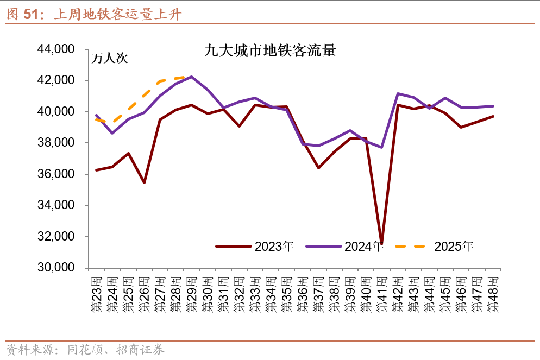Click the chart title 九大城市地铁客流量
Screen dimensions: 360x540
point(270,52)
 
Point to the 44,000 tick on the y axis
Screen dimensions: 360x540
point(55,49)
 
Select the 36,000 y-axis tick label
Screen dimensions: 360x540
point(55,174)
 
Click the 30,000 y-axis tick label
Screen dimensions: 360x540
point(55,268)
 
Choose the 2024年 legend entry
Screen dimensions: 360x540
point(344,246)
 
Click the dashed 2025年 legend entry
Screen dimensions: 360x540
point(434,246)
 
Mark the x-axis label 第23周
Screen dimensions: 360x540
point(97,294)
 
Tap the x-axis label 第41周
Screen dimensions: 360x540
point(381,294)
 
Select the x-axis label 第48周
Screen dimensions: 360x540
point(493,294)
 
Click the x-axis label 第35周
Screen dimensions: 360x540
point(286,294)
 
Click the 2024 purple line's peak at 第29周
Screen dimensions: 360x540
point(192,77)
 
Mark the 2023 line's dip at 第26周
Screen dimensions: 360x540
point(144,182)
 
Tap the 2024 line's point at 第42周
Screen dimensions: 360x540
point(398,93)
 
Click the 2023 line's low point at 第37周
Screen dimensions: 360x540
point(318,168)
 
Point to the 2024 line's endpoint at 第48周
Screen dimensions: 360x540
point(493,106)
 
